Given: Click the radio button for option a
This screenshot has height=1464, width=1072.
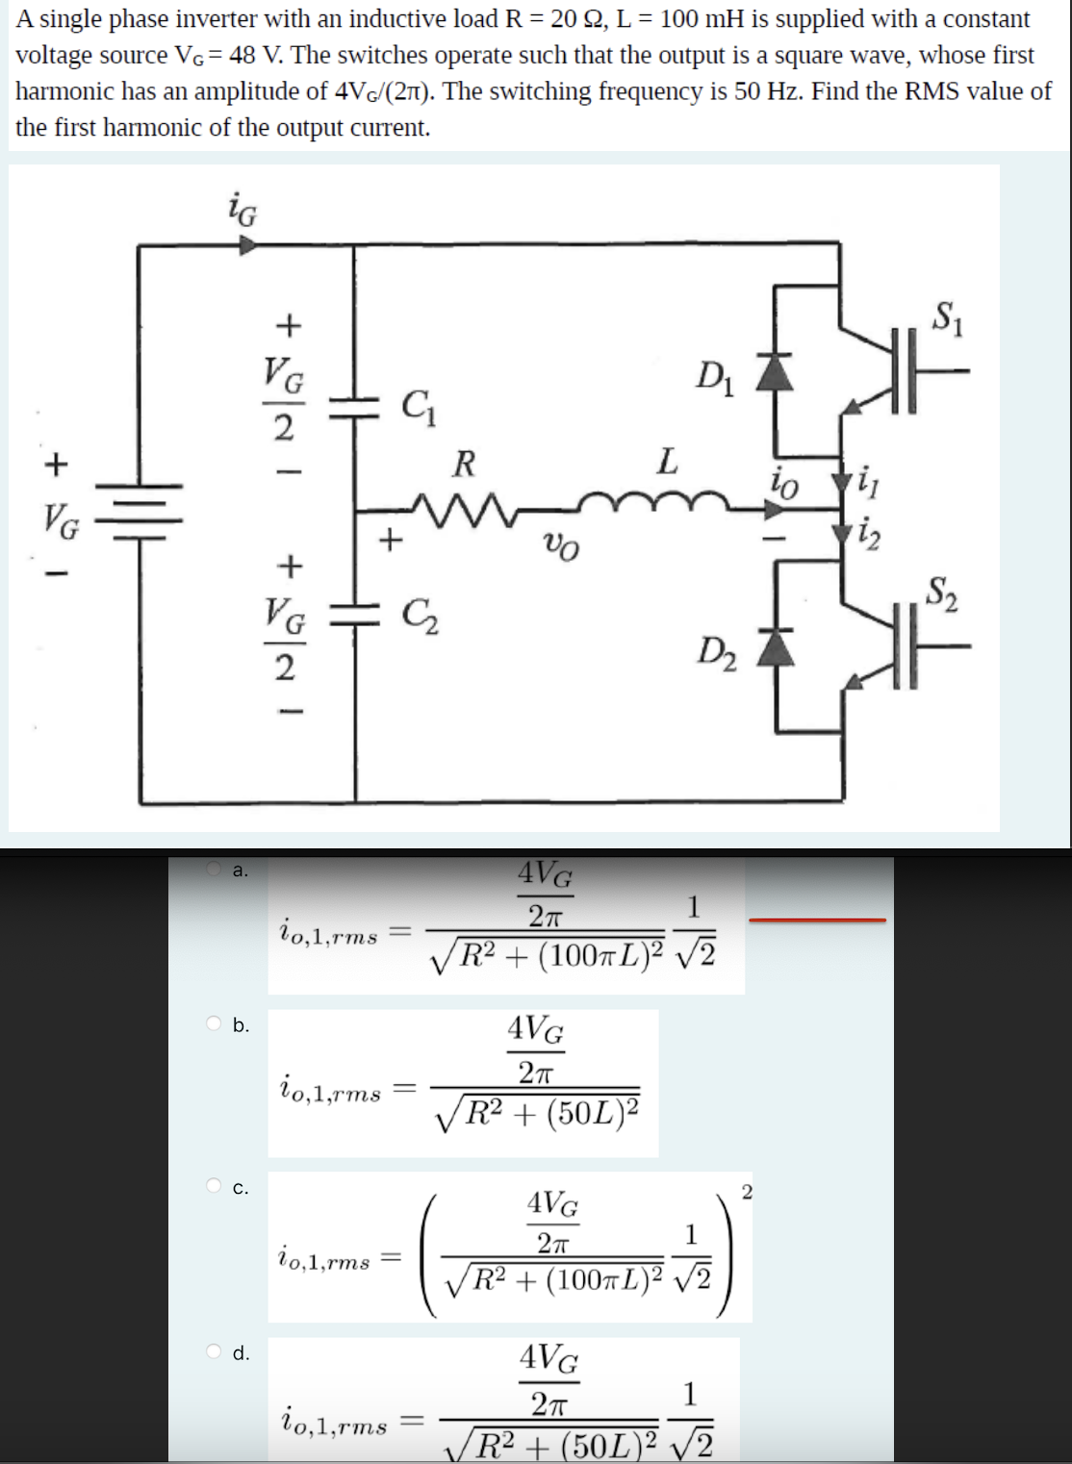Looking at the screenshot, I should tap(215, 869).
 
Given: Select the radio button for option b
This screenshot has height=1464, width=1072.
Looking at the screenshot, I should tap(215, 1023).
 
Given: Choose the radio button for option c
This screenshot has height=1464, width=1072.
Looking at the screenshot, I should tap(215, 1186).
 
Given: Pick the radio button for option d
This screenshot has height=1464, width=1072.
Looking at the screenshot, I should tap(215, 1351).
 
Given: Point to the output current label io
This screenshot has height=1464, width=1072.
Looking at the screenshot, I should tap(784, 484).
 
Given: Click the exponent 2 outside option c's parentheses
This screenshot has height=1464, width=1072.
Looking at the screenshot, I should tap(748, 1193).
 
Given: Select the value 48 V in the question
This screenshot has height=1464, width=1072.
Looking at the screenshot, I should tap(252, 55).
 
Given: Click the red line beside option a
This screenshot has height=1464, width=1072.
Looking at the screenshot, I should tap(817, 921).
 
